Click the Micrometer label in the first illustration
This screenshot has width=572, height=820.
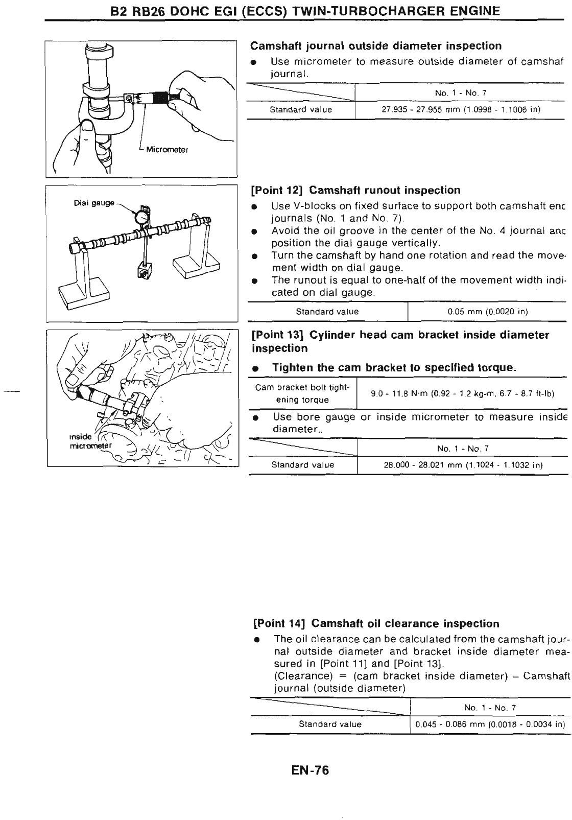click(167, 150)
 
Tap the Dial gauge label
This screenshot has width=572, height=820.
click(94, 202)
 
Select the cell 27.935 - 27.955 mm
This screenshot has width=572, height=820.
click(461, 110)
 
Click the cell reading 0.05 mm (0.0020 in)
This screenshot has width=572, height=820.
click(487, 312)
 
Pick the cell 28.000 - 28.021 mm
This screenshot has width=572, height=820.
click(463, 465)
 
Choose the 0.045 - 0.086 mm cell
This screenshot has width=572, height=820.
click(490, 724)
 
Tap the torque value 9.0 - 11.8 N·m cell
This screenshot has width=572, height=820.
click(463, 393)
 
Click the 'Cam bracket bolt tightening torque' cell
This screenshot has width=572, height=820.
click(302, 393)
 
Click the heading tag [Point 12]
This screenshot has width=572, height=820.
click(278, 191)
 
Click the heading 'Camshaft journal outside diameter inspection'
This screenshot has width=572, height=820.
click(376, 46)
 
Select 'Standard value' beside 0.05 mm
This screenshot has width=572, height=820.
click(327, 312)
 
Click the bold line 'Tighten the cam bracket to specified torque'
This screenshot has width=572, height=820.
click(394, 368)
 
